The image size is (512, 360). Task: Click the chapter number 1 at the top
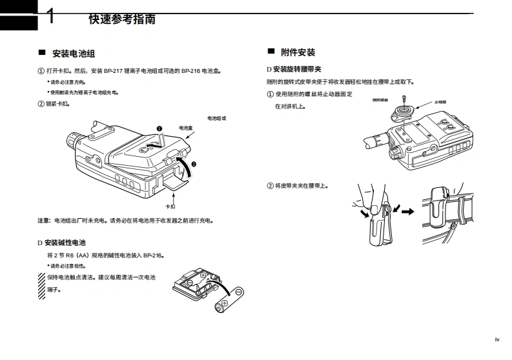pyautogui.click(x=50, y=17)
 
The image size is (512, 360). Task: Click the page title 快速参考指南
pyautogui.click(x=121, y=19)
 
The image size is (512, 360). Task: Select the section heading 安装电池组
pyautogui.click(x=74, y=54)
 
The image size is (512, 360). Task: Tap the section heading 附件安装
pyautogui.click(x=298, y=52)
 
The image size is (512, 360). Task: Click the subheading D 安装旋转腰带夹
pyautogui.click(x=294, y=69)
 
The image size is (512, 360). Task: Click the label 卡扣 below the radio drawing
pyautogui.click(x=170, y=206)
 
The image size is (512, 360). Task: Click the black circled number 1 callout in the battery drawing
pyautogui.click(x=158, y=129)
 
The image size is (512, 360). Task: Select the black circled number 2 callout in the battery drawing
pyautogui.click(x=193, y=165)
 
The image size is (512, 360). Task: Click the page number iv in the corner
pyautogui.click(x=497, y=339)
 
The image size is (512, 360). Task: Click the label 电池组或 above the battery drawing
pyautogui.click(x=217, y=118)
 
